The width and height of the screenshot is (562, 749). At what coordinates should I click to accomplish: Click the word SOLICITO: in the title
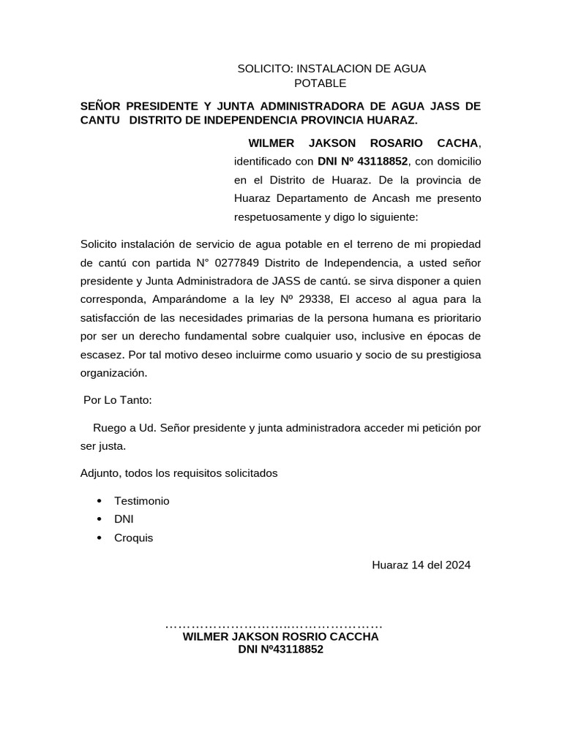(265, 69)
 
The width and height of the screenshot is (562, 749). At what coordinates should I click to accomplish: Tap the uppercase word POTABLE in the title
(320, 83)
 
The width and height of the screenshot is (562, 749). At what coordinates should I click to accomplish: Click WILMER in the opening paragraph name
(272, 142)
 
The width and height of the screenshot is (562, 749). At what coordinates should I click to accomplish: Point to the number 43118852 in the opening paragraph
(382, 161)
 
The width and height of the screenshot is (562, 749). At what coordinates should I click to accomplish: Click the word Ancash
(374, 198)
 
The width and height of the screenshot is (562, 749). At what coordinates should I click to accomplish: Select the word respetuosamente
(277, 217)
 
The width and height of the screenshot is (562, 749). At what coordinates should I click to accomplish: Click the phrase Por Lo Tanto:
(118, 400)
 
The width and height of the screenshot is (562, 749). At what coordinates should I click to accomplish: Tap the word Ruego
(108, 427)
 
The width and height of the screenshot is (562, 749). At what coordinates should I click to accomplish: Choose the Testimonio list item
(141, 501)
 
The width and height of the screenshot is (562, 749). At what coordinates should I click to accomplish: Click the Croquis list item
(134, 538)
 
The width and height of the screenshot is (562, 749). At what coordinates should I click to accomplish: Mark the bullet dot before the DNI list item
(99, 520)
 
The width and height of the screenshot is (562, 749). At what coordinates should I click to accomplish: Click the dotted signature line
(274, 626)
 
